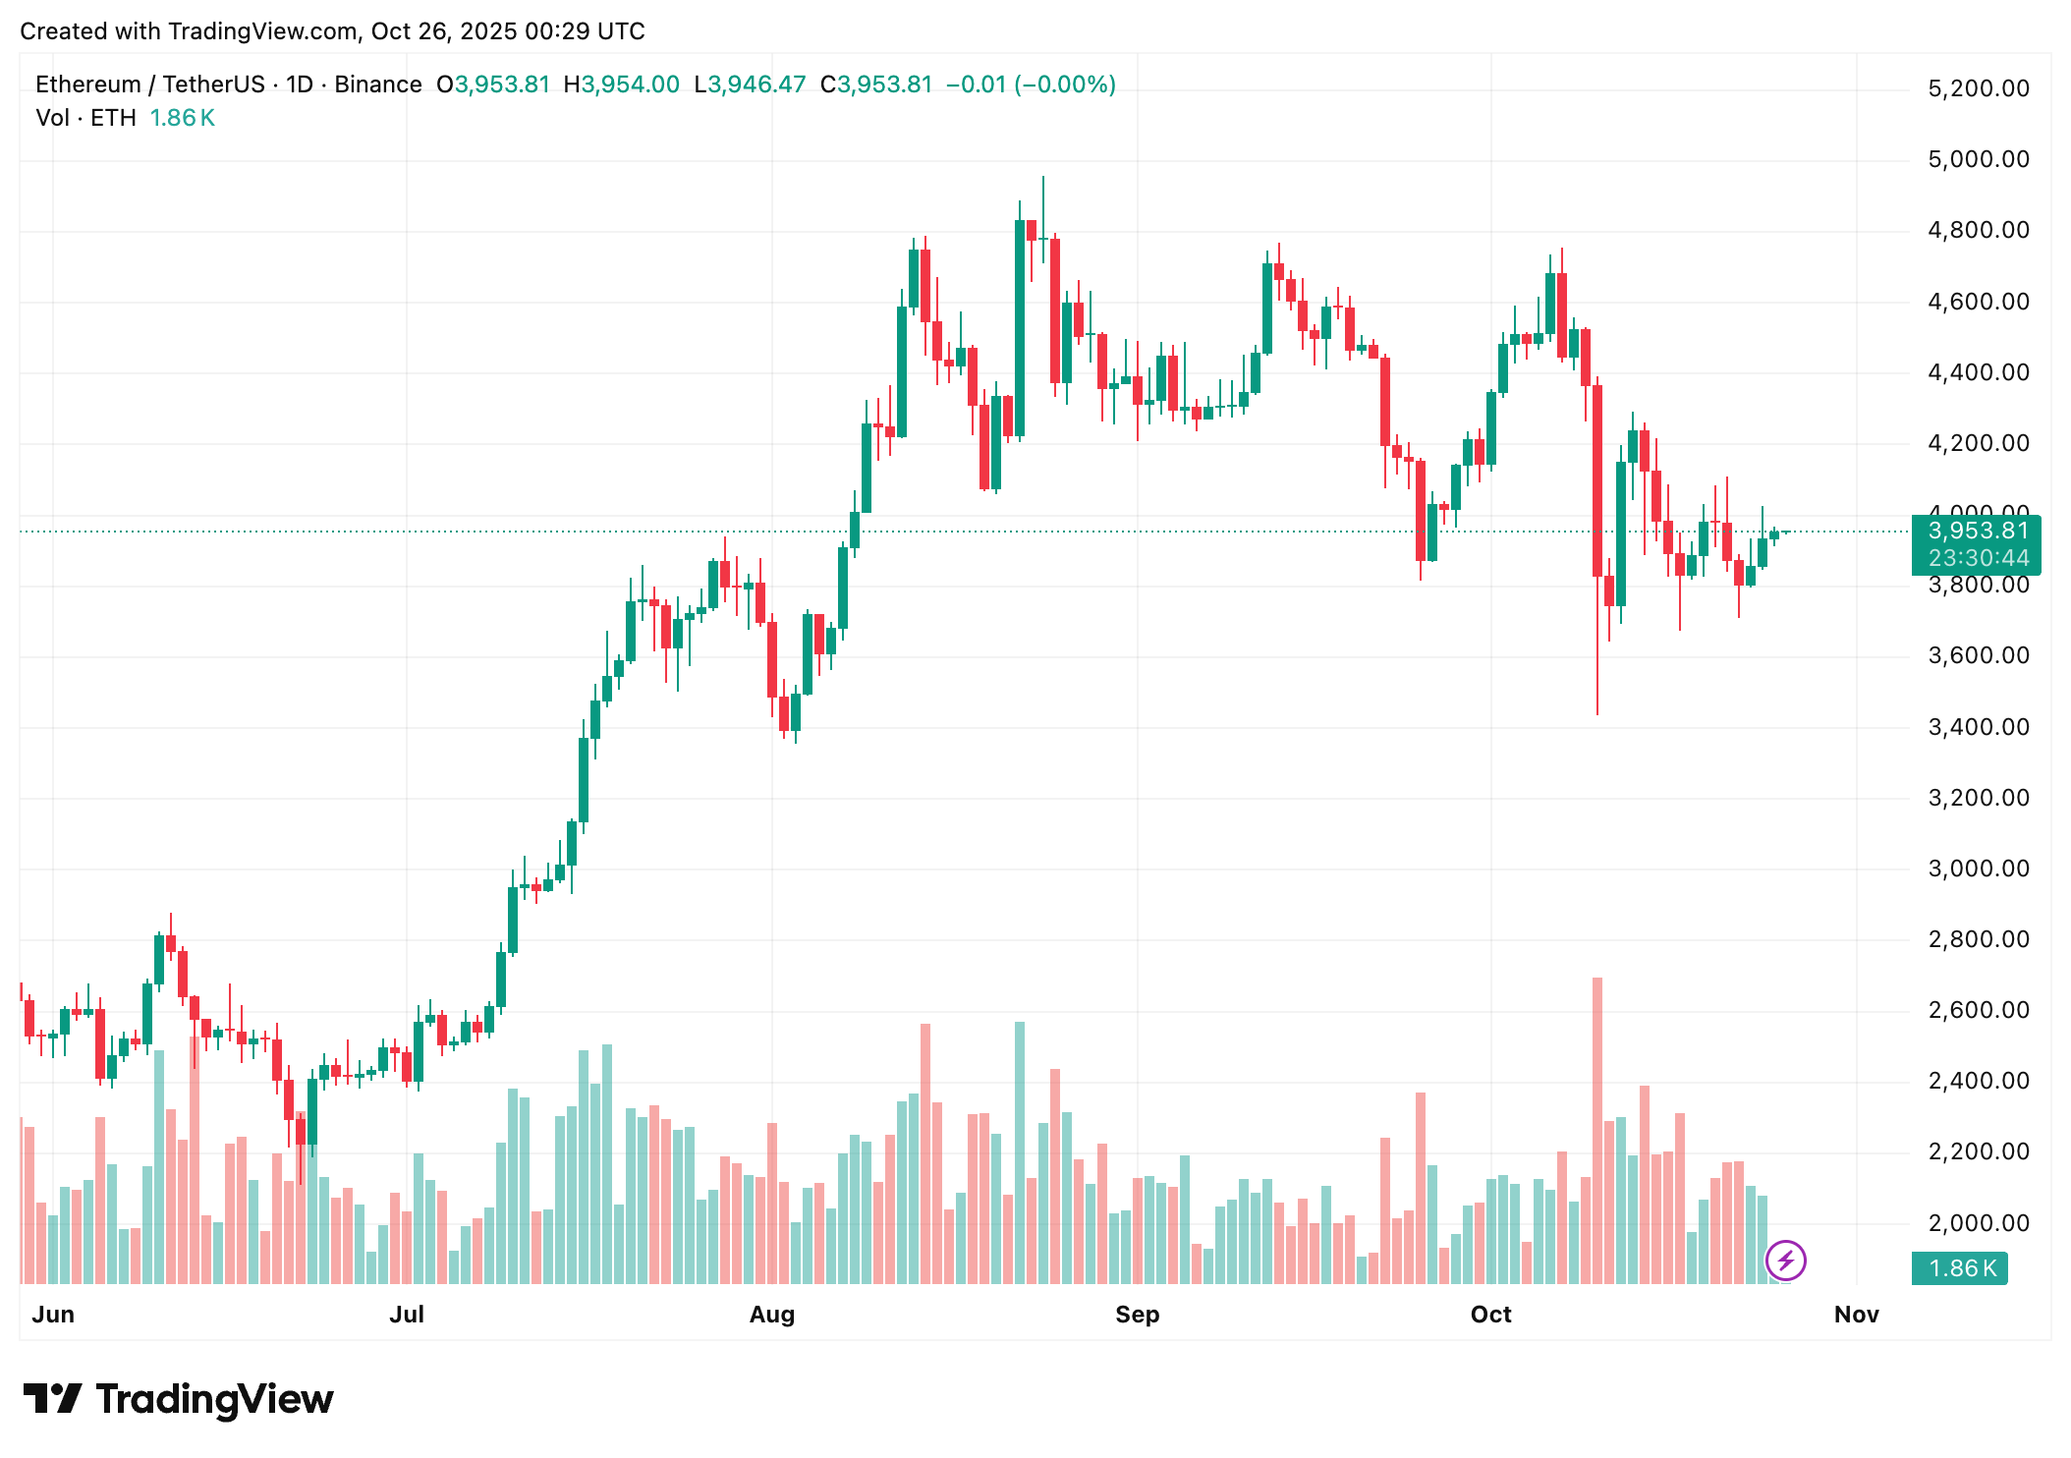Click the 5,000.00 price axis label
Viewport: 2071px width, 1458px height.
(x=1978, y=159)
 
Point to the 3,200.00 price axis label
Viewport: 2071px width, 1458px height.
(x=1978, y=798)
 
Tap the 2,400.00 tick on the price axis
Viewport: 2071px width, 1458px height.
(x=1978, y=1081)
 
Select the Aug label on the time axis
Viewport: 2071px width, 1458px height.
(x=771, y=1315)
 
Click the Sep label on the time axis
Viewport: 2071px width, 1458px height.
(x=1137, y=1315)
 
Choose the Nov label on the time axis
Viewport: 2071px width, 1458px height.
(x=1856, y=1315)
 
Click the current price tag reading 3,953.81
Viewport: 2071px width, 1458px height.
(x=1977, y=532)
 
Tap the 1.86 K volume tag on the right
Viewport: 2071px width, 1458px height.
(x=1962, y=1268)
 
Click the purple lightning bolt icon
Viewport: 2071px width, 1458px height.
(x=1785, y=1261)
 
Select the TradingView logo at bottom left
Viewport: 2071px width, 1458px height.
(x=178, y=1399)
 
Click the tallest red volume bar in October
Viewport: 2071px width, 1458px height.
(x=1597, y=1130)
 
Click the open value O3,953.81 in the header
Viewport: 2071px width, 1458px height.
(x=493, y=84)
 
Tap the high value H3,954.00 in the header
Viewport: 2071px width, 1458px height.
(x=621, y=84)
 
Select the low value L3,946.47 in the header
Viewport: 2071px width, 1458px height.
(x=750, y=84)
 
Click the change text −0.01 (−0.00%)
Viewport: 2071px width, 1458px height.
(x=1031, y=84)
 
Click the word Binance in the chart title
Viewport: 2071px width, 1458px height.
(x=377, y=84)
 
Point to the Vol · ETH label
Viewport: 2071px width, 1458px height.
(x=85, y=118)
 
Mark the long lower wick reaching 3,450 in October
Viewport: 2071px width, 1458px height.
(x=1597, y=668)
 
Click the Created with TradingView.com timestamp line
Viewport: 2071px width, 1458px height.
(x=332, y=31)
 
